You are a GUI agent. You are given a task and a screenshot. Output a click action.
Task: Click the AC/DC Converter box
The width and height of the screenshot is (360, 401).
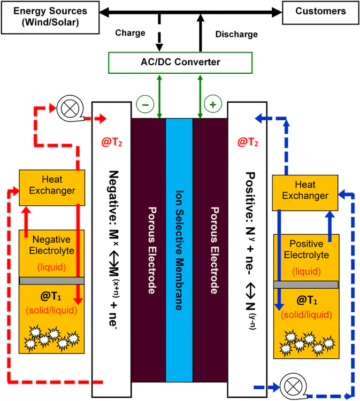180,63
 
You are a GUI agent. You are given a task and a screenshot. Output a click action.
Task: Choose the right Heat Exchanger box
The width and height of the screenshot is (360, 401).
305,190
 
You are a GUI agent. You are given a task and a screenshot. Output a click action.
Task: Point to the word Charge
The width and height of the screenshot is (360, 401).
130,33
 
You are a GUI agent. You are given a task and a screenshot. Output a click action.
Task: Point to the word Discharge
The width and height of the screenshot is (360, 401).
236,34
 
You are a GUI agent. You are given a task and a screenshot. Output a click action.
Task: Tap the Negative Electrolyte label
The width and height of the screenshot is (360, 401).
52,244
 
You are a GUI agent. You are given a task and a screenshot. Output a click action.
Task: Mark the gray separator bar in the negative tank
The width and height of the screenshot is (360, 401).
52,281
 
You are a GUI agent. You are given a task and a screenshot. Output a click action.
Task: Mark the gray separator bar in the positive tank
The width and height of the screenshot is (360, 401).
305,284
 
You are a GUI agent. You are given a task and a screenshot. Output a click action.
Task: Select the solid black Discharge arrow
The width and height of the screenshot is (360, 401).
200,33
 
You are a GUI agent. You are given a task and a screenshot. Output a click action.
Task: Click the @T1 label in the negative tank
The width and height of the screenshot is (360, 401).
52,296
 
